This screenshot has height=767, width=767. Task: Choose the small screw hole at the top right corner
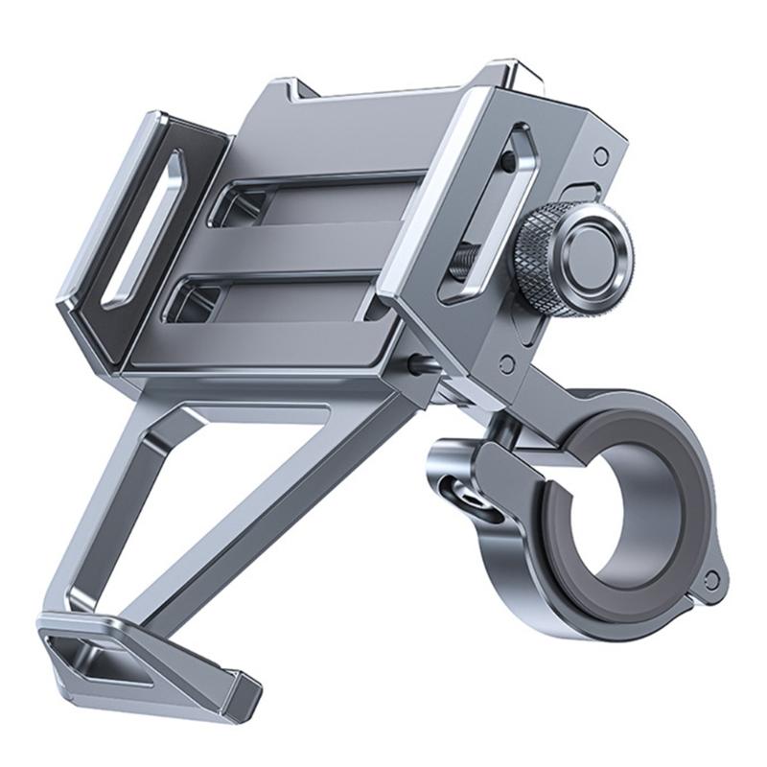tap(600, 154)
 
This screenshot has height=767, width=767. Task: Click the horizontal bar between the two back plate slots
tap(297, 251)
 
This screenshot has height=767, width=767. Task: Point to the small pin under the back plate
tap(419, 364)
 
